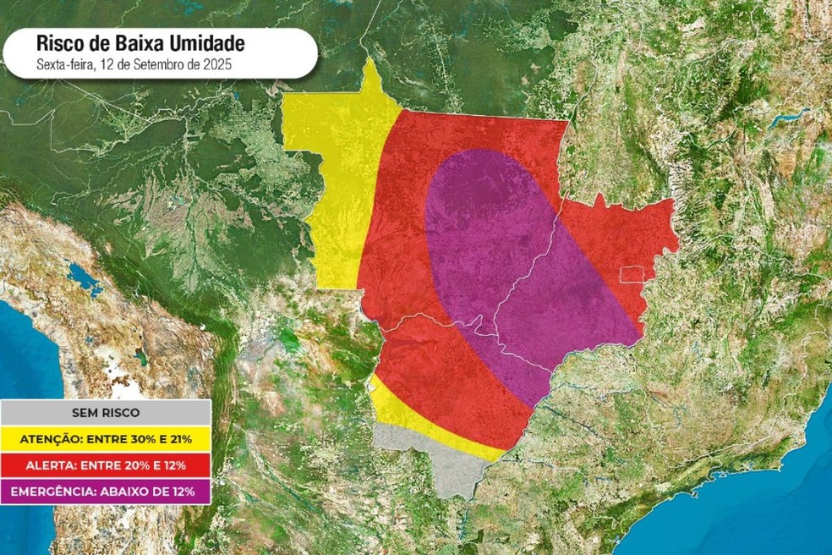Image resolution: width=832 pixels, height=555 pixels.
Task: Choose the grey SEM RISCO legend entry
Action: tap(106, 412)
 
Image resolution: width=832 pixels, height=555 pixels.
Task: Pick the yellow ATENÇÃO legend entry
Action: tap(106, 438)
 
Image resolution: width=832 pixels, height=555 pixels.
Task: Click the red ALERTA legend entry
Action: tap(106, 464)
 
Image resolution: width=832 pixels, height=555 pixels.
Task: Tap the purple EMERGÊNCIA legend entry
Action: tap(106, 491)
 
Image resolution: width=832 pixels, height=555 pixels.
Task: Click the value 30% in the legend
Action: tap(139, 438)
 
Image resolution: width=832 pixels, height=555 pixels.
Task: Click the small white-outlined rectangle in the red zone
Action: tap(632, 274)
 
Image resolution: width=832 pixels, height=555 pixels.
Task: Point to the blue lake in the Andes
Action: tap(84, 277)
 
